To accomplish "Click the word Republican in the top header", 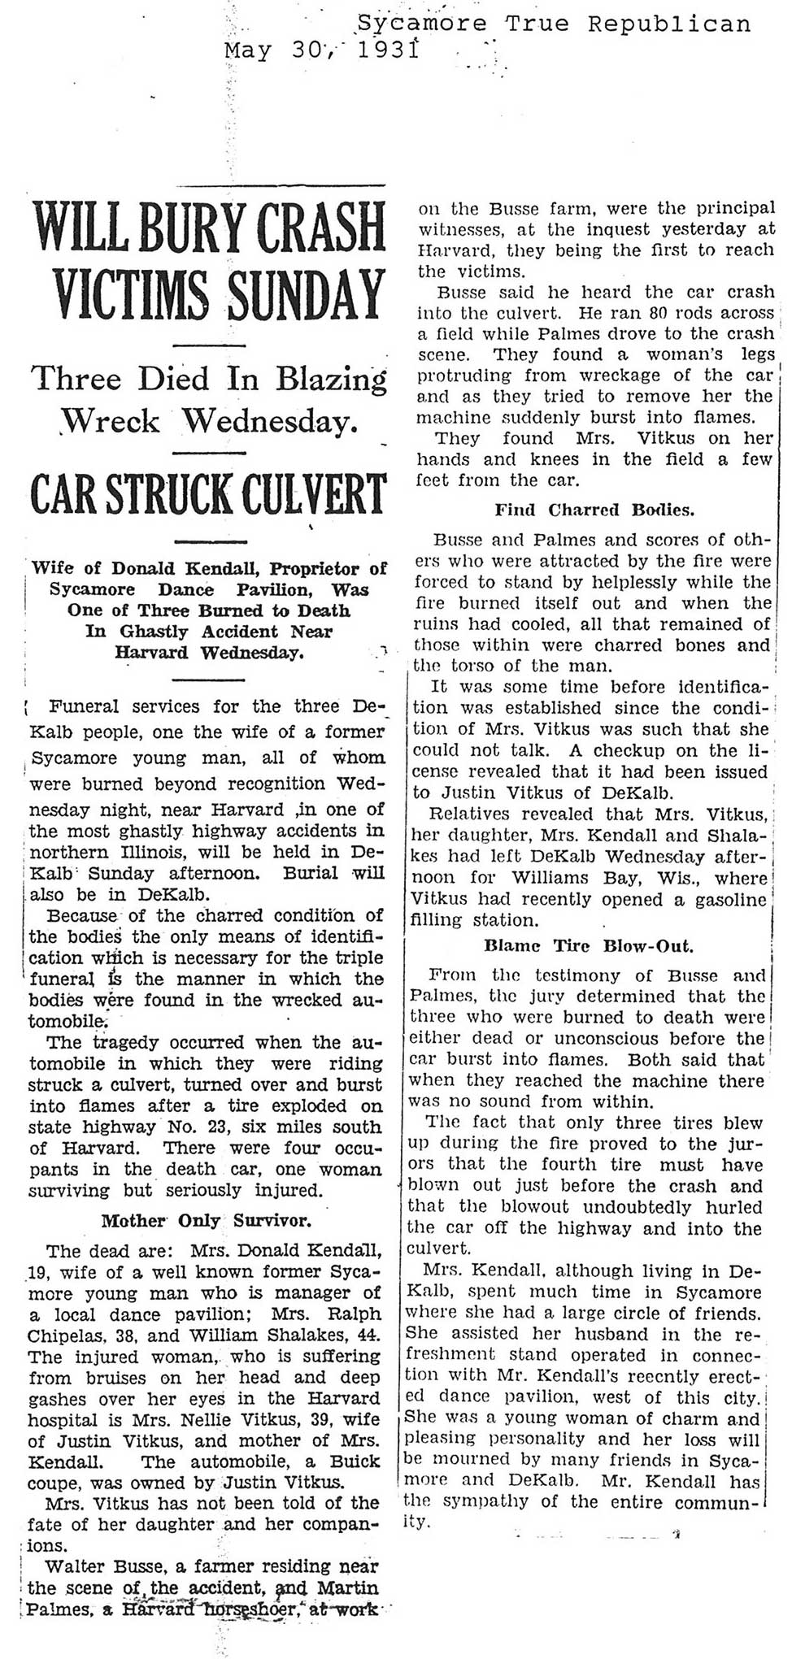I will (669, 24).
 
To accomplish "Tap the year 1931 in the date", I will (383, 51).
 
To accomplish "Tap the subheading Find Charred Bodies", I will (594, 510).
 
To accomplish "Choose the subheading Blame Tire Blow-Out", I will (588, 946).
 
